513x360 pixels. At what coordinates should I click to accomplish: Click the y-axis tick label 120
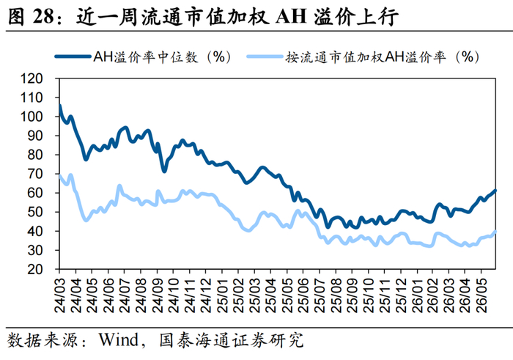pos(32,78)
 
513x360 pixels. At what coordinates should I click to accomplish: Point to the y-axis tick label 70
pos(35,174)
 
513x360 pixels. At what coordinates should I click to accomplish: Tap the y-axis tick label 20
pos(35,269)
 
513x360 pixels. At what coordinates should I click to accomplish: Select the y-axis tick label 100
pos(32,117)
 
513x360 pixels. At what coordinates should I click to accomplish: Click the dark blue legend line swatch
pos(73,56)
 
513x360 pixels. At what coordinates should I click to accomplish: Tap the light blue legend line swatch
pos(265,56)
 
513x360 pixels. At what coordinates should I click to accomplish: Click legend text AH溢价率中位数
pos(146,57)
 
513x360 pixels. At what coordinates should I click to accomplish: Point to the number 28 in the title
pos(43,16)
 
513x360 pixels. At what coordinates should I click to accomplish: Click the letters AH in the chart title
pos(292,16)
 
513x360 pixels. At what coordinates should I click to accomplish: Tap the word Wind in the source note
pos(119,339)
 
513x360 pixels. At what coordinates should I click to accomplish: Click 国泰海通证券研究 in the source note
pos(232,340)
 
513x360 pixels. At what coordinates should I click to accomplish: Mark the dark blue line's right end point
pos(495,191)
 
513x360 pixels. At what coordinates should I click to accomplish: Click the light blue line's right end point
pos(495,232)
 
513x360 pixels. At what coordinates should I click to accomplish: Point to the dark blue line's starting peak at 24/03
pos(59,106)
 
